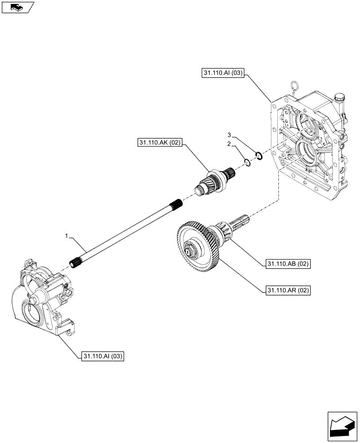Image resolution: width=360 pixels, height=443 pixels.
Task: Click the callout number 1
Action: [x=67, y=237]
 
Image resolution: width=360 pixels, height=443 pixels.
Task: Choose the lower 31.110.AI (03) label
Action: [x=103, y=356]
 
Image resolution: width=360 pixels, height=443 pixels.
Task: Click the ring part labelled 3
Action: [x=259, y=155]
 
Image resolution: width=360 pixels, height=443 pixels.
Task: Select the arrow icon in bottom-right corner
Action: [x=341, y=426]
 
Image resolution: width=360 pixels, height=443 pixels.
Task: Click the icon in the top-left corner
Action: [x=18, y=7]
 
